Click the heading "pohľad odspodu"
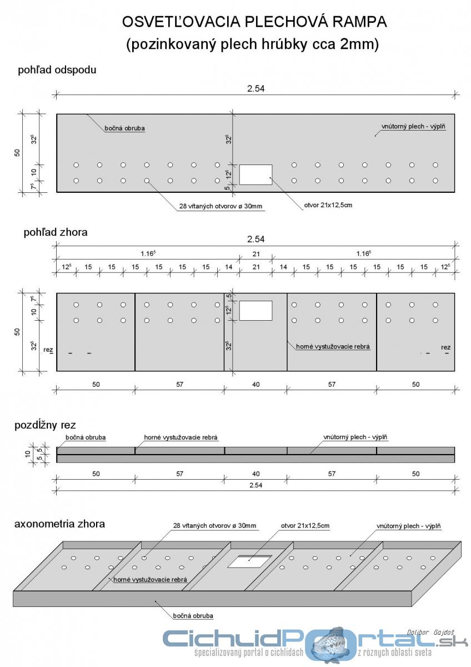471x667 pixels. coord(58,71)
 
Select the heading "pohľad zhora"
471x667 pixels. coord(56,232)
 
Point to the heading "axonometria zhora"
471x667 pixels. coord(59,524)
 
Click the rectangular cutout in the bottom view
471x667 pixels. coord(255,175)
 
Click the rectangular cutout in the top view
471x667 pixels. coord(255,310)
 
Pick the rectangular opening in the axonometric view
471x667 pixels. coord(250,561)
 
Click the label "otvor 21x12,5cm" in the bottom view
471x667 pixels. coord(328,205)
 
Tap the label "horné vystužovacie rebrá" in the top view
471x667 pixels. coord(333,346)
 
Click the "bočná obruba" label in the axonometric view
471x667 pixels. coord(193,615)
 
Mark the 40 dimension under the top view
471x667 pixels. coord(255,385)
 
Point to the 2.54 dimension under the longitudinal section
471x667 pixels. coord(255,485)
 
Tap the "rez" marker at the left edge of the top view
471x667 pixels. coord(49,349)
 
